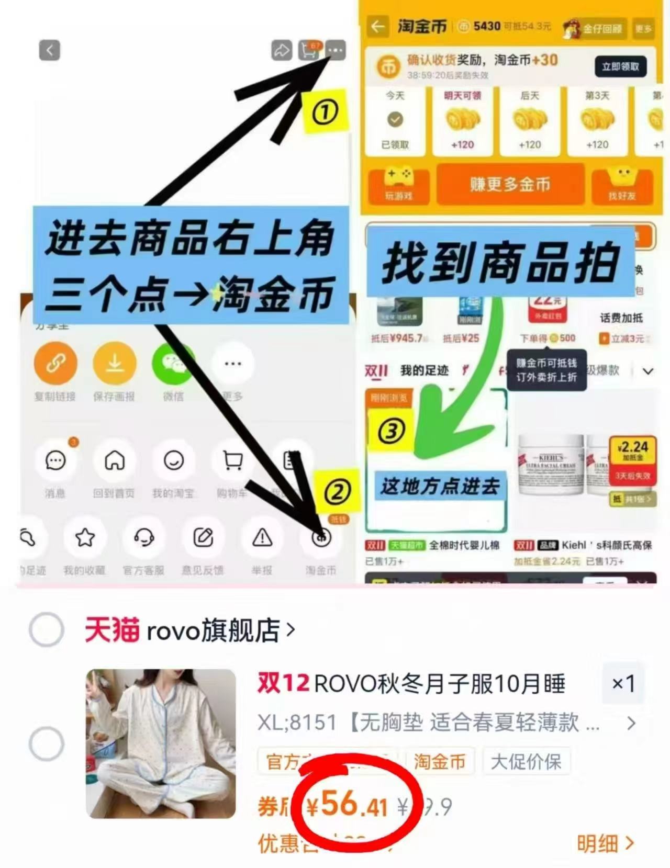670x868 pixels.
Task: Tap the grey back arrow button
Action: click(50, 50)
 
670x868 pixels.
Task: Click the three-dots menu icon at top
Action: click(336, 50)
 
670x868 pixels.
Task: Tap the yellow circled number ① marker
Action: click(325, 111)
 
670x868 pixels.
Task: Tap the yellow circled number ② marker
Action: click(337, 492)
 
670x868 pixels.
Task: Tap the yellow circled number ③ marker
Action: click(391, 431)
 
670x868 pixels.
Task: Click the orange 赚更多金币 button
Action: click(510, 184)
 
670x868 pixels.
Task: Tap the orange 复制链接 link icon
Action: click(55, 363)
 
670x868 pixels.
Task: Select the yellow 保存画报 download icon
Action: click(115, 363)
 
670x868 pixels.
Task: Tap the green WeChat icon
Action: click(173, 363)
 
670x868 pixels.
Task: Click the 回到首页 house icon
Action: click(115, 460)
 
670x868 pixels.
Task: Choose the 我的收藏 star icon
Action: click(85, 537)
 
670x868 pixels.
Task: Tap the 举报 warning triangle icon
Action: click(262, 537)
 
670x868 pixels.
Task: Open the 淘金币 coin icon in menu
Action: click(321, 537)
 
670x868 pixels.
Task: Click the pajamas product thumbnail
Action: click(161, 743)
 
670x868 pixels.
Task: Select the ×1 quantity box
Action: click(623, 683)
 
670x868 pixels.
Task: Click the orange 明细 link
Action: click(605, 843)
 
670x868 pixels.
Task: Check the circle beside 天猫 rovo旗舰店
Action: click(47, 629)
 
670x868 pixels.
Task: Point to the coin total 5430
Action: click(487, 26)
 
